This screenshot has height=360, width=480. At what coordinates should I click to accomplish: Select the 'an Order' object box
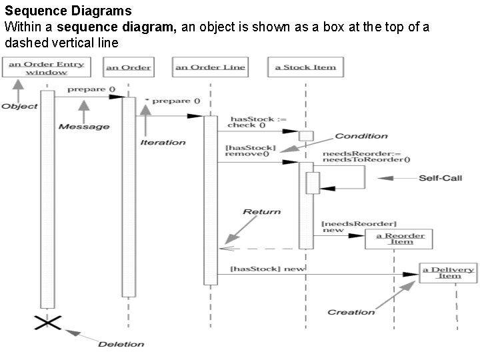coord(128,67)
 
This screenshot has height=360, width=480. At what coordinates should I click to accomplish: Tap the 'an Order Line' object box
coord(210,67)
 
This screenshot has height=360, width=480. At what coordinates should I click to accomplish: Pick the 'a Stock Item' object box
coord(305,67)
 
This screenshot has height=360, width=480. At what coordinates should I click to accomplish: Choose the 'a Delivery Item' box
coord(448,273)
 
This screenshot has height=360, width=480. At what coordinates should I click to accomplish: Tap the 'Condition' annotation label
coord(361,136)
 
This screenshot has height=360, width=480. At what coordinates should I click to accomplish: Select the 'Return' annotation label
coord(261,211)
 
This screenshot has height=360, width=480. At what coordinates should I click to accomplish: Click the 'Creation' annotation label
coord(351,312)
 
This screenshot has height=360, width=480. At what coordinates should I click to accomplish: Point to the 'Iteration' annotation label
coord(163,142)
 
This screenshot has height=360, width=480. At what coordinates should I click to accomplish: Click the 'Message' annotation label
coord(83,127)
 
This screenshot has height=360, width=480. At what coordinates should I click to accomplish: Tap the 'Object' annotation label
coord(19,106)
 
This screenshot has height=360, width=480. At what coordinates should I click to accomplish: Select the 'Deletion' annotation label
coord(121,344)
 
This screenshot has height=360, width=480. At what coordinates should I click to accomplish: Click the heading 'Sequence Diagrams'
coord(68,11)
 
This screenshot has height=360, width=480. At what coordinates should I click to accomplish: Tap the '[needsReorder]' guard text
coord(359,223)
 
